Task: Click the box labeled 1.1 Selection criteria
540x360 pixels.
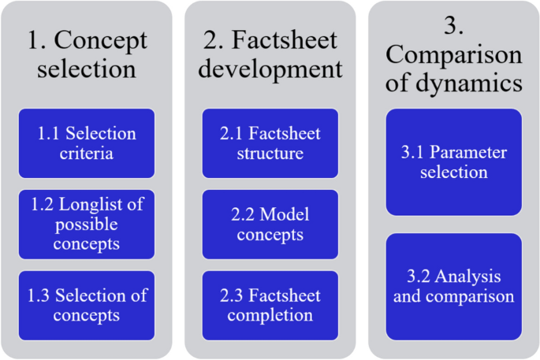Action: coord(87,143)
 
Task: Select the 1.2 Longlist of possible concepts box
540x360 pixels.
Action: coord(87,225)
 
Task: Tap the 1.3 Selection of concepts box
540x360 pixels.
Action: coord(87,305)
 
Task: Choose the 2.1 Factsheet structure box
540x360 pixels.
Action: coord(270,143)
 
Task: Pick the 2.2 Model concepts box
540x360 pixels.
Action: coord(270,225)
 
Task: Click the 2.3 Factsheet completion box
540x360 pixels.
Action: coord(270,305)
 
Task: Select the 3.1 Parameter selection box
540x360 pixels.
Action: coord(453,161)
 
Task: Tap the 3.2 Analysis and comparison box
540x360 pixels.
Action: coord(453,286)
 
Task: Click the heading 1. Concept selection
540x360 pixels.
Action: coord(87,54)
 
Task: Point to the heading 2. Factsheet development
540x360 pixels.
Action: coord(270,54)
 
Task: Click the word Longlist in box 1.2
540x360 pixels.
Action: coord(102,205)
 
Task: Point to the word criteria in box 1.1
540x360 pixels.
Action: coord(87,153)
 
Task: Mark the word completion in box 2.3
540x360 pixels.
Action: coord(270,315)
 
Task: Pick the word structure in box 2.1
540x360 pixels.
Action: coord(270,153)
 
